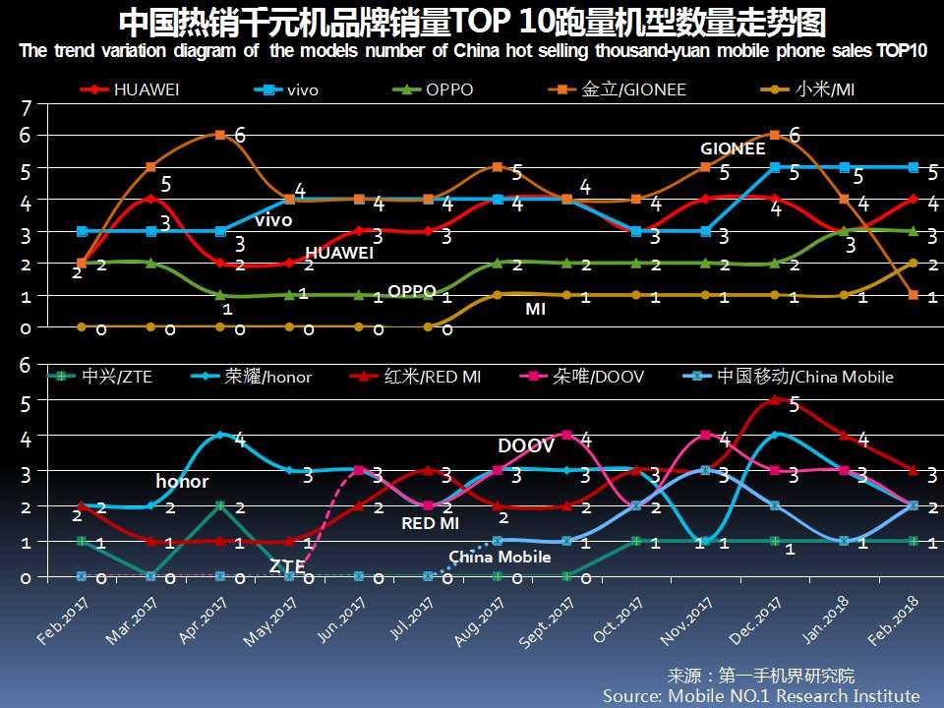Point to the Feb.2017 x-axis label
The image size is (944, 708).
click(61, 619)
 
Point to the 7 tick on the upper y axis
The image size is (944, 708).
click(28, 108)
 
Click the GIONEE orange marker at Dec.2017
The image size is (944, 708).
click(775, 135)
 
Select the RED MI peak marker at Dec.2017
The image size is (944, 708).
click(775, 400)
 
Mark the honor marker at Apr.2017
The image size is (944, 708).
click(220, 435)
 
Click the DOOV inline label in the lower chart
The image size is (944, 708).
click(525, 446)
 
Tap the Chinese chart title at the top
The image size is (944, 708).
click(472, 22)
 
